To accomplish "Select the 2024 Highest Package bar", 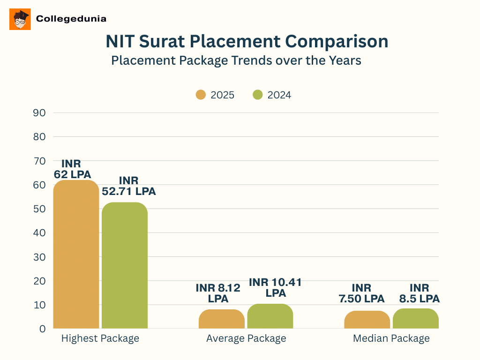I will coord(125,265).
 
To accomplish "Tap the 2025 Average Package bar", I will coord(221,319).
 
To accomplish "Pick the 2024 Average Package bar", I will coord(270,316).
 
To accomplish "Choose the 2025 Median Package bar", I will coord(367,320).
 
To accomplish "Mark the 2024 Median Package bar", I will coord(415,318).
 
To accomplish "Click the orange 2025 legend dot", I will coord(201,95).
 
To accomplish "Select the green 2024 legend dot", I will coord(257,95).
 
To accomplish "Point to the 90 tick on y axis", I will coord(39,112).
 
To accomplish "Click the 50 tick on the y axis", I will coord(39,209).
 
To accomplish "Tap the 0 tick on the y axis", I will coord(42,329).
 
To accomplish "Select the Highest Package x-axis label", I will coord(100,338).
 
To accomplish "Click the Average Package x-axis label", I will coord(246,338).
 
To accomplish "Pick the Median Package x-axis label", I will coord(391,338).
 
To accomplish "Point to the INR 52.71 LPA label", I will coord(129,186).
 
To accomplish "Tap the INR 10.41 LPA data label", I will coord(275,287).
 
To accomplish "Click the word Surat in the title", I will coord(160,41).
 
